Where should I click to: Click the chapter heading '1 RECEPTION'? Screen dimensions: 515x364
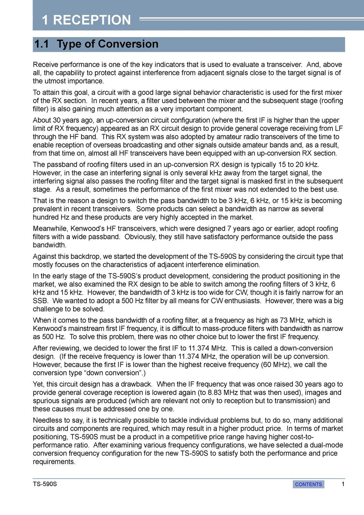tap(86, 20)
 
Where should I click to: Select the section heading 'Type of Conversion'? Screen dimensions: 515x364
tap(107, 44)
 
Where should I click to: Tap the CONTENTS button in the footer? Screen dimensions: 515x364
tap(308, 484)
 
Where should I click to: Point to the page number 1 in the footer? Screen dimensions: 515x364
tap(343, 484)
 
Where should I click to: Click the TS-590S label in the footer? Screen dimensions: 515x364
tap(45, 484)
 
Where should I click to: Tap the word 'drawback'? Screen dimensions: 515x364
tap(136, 384)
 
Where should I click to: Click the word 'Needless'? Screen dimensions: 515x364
tap(47, 420)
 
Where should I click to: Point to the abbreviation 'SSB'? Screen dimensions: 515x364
tap(40, 301)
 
